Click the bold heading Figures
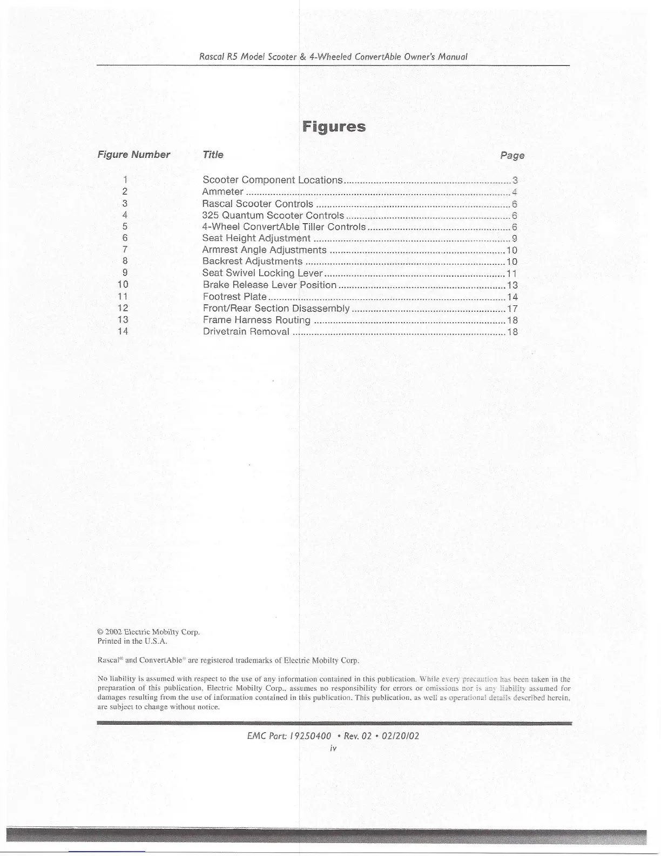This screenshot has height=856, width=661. point(334,127)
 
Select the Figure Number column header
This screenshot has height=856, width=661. point(133,155)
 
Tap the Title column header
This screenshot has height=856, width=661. point(212,155)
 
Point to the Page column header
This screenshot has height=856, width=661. point(512,156)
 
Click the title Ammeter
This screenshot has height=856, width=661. point(222,192)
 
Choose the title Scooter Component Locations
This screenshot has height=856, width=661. point(272,180)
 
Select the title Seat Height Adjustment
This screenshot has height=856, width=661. point(256,238)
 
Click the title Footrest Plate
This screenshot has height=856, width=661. point(234,297)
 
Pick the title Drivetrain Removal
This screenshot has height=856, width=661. point(246,331)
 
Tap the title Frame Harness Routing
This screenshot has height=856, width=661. point(256,320)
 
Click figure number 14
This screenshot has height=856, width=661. point(123,331)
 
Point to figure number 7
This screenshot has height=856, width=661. point(125,250)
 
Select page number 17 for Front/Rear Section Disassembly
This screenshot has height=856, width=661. point(512,309)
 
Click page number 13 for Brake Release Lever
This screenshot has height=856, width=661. point(512,285)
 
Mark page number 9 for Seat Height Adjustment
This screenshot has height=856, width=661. point(515,238)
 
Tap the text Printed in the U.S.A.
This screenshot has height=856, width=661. point(132,641)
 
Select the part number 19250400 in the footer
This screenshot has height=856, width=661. point(310,736)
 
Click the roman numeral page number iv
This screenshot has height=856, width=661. point(333,748)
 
